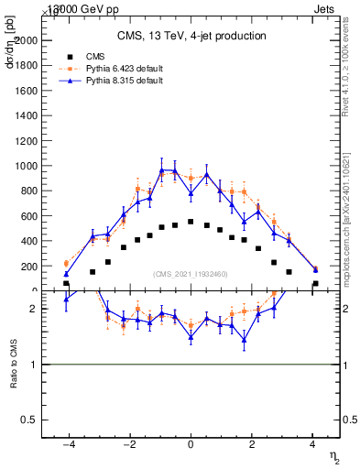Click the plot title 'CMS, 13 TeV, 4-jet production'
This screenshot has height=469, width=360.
tap(191, 37)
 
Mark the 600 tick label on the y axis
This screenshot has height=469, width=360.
tap(50, 216)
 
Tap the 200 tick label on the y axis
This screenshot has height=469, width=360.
tap(50, 267)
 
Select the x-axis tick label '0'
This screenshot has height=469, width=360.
tap(191, 444)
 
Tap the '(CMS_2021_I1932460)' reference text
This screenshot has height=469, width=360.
tap(191, 274)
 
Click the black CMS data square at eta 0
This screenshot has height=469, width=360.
tap(191, 222)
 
